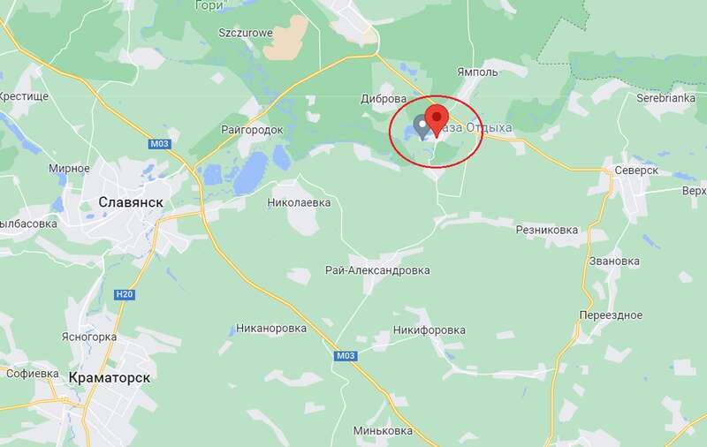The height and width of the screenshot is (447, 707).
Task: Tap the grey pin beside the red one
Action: tap(422, 125)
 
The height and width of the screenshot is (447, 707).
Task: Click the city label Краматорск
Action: tap(109, 377)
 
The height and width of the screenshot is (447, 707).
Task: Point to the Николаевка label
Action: tap(299, 202)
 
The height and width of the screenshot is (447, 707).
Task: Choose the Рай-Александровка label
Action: tap(377, 269)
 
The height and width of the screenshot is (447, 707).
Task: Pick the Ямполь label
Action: tap(478, 72)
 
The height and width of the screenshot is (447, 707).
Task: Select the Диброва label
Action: tap(384, 99)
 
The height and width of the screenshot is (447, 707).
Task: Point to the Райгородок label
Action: tap(254, 130)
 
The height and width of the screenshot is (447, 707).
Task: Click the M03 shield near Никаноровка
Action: tap(346, 356)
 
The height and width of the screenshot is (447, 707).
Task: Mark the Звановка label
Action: tap(614, 261)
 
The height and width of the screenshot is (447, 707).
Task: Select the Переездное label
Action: tap(610, 315)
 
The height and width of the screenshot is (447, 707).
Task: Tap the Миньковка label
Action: tap(383, 431)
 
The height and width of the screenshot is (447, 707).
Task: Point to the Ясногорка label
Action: tap(89, 337)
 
